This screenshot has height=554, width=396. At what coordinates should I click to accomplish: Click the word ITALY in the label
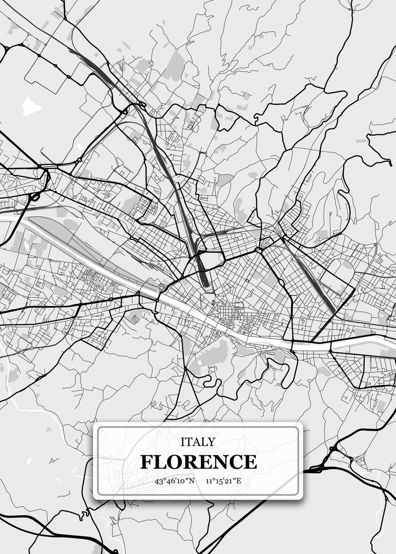(198, 442)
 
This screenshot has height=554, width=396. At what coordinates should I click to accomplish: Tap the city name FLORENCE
(198, 462)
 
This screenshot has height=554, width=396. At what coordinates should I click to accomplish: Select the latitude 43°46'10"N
(175, 481)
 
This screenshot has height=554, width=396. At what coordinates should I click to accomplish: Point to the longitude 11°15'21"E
(224, 481)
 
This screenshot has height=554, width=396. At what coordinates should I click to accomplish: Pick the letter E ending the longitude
(239, 481)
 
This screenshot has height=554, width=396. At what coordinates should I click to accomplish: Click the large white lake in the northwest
(30, 106)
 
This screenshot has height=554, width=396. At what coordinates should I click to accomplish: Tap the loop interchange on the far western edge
(35, 197)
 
